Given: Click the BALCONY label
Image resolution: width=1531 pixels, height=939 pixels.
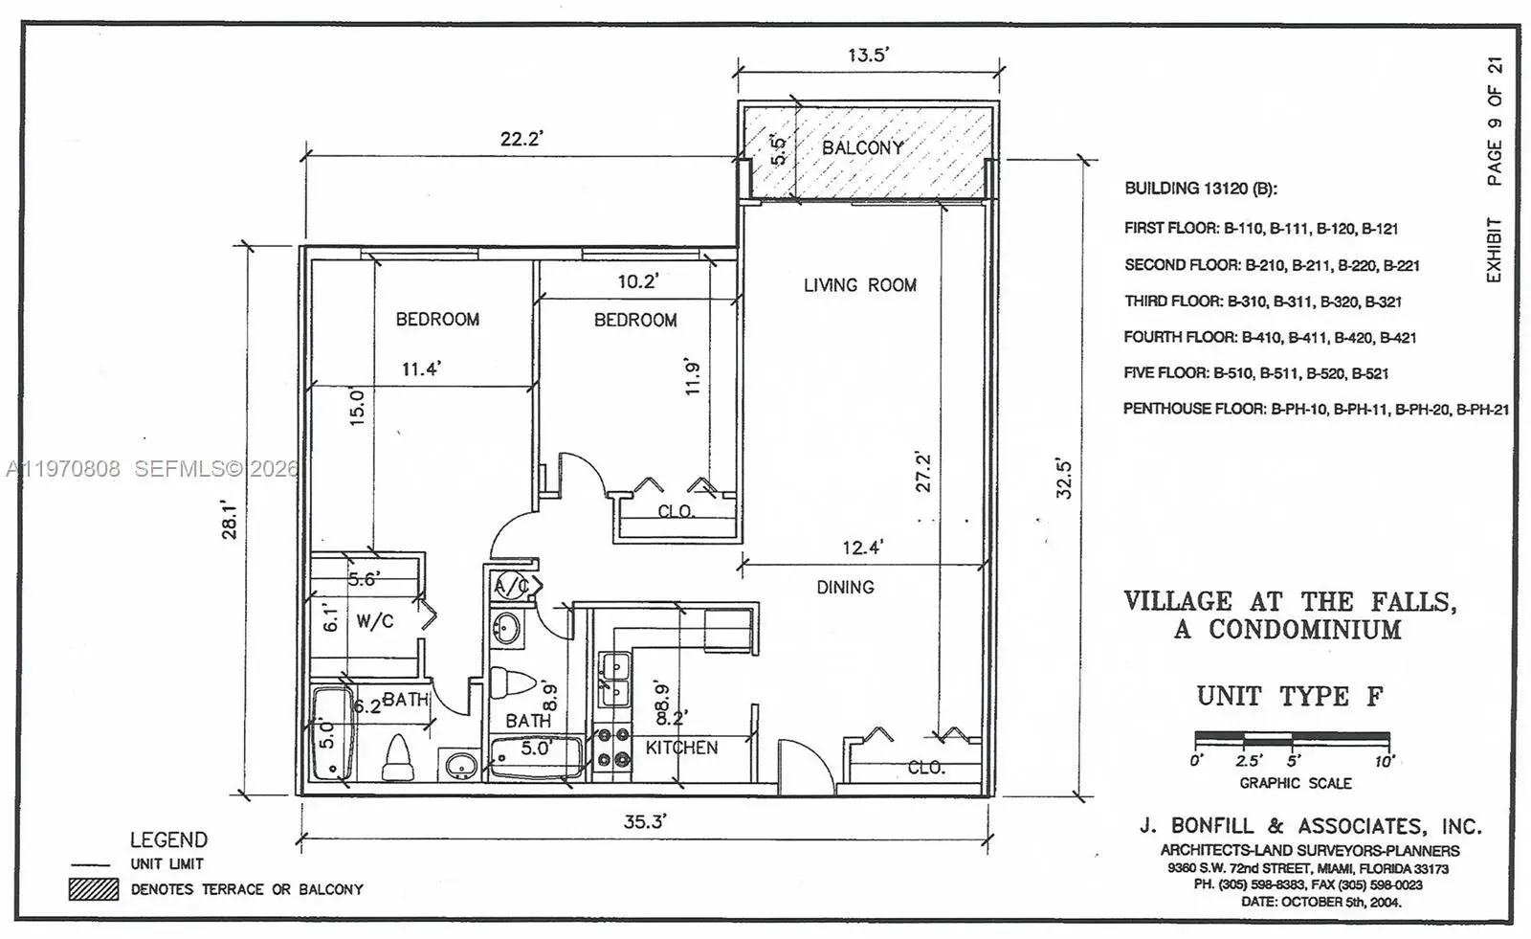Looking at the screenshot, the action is (862, 147).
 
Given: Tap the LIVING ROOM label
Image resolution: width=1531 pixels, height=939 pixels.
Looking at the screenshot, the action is (860, 285).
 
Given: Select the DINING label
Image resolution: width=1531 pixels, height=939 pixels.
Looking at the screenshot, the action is (846, 587).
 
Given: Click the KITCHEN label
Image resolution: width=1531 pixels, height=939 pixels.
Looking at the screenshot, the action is (681, 748).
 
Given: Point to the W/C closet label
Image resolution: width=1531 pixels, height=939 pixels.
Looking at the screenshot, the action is (374, 621).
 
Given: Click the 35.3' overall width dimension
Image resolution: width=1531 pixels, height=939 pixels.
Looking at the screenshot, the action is (645, 821).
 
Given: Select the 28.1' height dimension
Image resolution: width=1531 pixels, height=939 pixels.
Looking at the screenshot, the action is (229, 521).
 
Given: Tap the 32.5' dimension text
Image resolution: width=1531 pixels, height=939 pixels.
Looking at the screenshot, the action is (1063, 479).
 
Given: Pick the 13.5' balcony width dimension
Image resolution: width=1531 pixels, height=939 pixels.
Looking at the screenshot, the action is (868, 55).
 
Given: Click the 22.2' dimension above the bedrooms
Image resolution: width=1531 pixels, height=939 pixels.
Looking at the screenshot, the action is (521, 139).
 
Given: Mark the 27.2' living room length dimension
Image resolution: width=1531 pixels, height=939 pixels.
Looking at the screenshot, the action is (922, 472).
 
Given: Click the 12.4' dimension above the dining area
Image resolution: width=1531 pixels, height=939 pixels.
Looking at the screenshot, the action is (862, 548).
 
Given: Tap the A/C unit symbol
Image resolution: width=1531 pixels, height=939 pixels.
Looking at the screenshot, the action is (512, 586).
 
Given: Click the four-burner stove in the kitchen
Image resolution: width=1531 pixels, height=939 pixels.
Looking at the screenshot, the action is (612, 748).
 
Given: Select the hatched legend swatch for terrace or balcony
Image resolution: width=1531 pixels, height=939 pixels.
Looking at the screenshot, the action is (94, 889).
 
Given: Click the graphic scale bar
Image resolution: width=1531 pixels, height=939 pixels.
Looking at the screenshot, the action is (1292, 738).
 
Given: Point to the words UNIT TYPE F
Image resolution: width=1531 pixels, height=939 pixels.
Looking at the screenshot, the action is (1290, 696).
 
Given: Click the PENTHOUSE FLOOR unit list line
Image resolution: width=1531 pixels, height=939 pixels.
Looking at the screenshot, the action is (1316, 409).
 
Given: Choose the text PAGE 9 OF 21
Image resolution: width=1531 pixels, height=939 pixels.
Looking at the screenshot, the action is (1495, 121).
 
